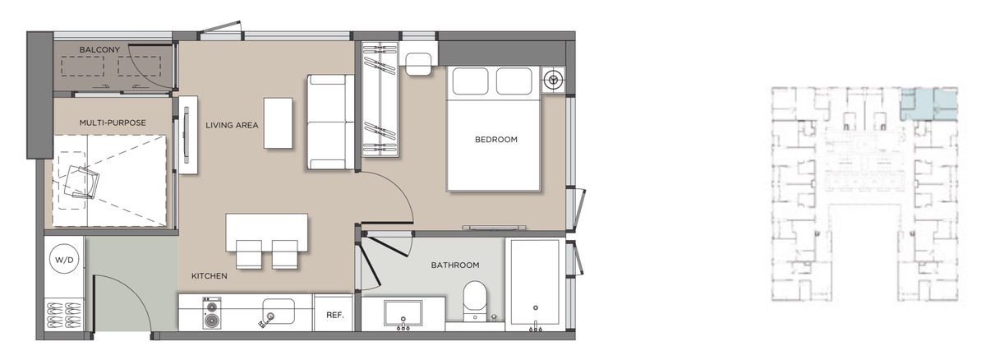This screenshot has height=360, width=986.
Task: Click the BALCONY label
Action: [99, 50]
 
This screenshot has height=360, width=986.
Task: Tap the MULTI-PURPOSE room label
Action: [113, 122]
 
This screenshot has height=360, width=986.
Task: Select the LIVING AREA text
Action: [232, 126]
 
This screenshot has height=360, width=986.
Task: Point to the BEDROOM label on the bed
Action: [496, 140]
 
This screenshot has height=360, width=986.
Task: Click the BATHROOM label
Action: [455, 265]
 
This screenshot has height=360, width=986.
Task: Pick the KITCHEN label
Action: [210, 276]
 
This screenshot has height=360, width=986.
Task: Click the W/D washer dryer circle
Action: [64, 260]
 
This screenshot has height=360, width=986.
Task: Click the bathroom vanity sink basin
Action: [403, 313]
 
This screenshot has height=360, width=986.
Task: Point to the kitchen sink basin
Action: [279, 312]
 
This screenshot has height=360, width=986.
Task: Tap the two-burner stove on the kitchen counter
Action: [212, 313]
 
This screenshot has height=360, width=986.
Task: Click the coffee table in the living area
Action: [279, 123]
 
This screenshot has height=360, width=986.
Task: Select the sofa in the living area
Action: [330, 122]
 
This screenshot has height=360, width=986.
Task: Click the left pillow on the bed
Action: [471, 81]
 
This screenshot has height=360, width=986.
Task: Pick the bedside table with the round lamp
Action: [553, 80]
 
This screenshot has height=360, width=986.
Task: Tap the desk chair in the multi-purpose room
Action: [82, 182]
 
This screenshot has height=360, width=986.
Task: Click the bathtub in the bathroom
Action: [535, 285]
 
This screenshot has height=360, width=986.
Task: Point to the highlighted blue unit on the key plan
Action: [928, 104]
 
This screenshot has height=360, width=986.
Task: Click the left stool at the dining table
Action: [249, 254]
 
